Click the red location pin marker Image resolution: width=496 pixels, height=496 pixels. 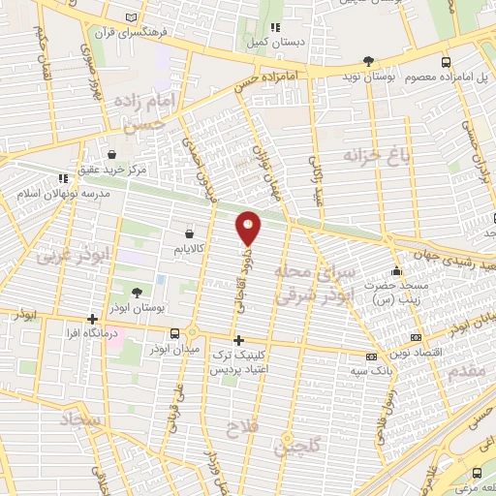click(249, 228)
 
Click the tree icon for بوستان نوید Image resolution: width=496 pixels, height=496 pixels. click(368, 62)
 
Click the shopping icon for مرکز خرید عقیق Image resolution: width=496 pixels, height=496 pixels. click(113, 155)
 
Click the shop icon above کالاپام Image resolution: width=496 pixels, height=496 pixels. click(189, 233)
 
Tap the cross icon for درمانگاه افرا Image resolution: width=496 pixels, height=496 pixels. click(92, 319)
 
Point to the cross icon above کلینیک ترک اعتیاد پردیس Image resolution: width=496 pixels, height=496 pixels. click(239, 340)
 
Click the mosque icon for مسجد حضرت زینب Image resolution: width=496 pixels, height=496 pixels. click(394, 271)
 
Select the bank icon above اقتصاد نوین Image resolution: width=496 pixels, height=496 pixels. click(416, 338)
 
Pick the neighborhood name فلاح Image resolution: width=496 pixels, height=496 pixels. click(242, 426)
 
